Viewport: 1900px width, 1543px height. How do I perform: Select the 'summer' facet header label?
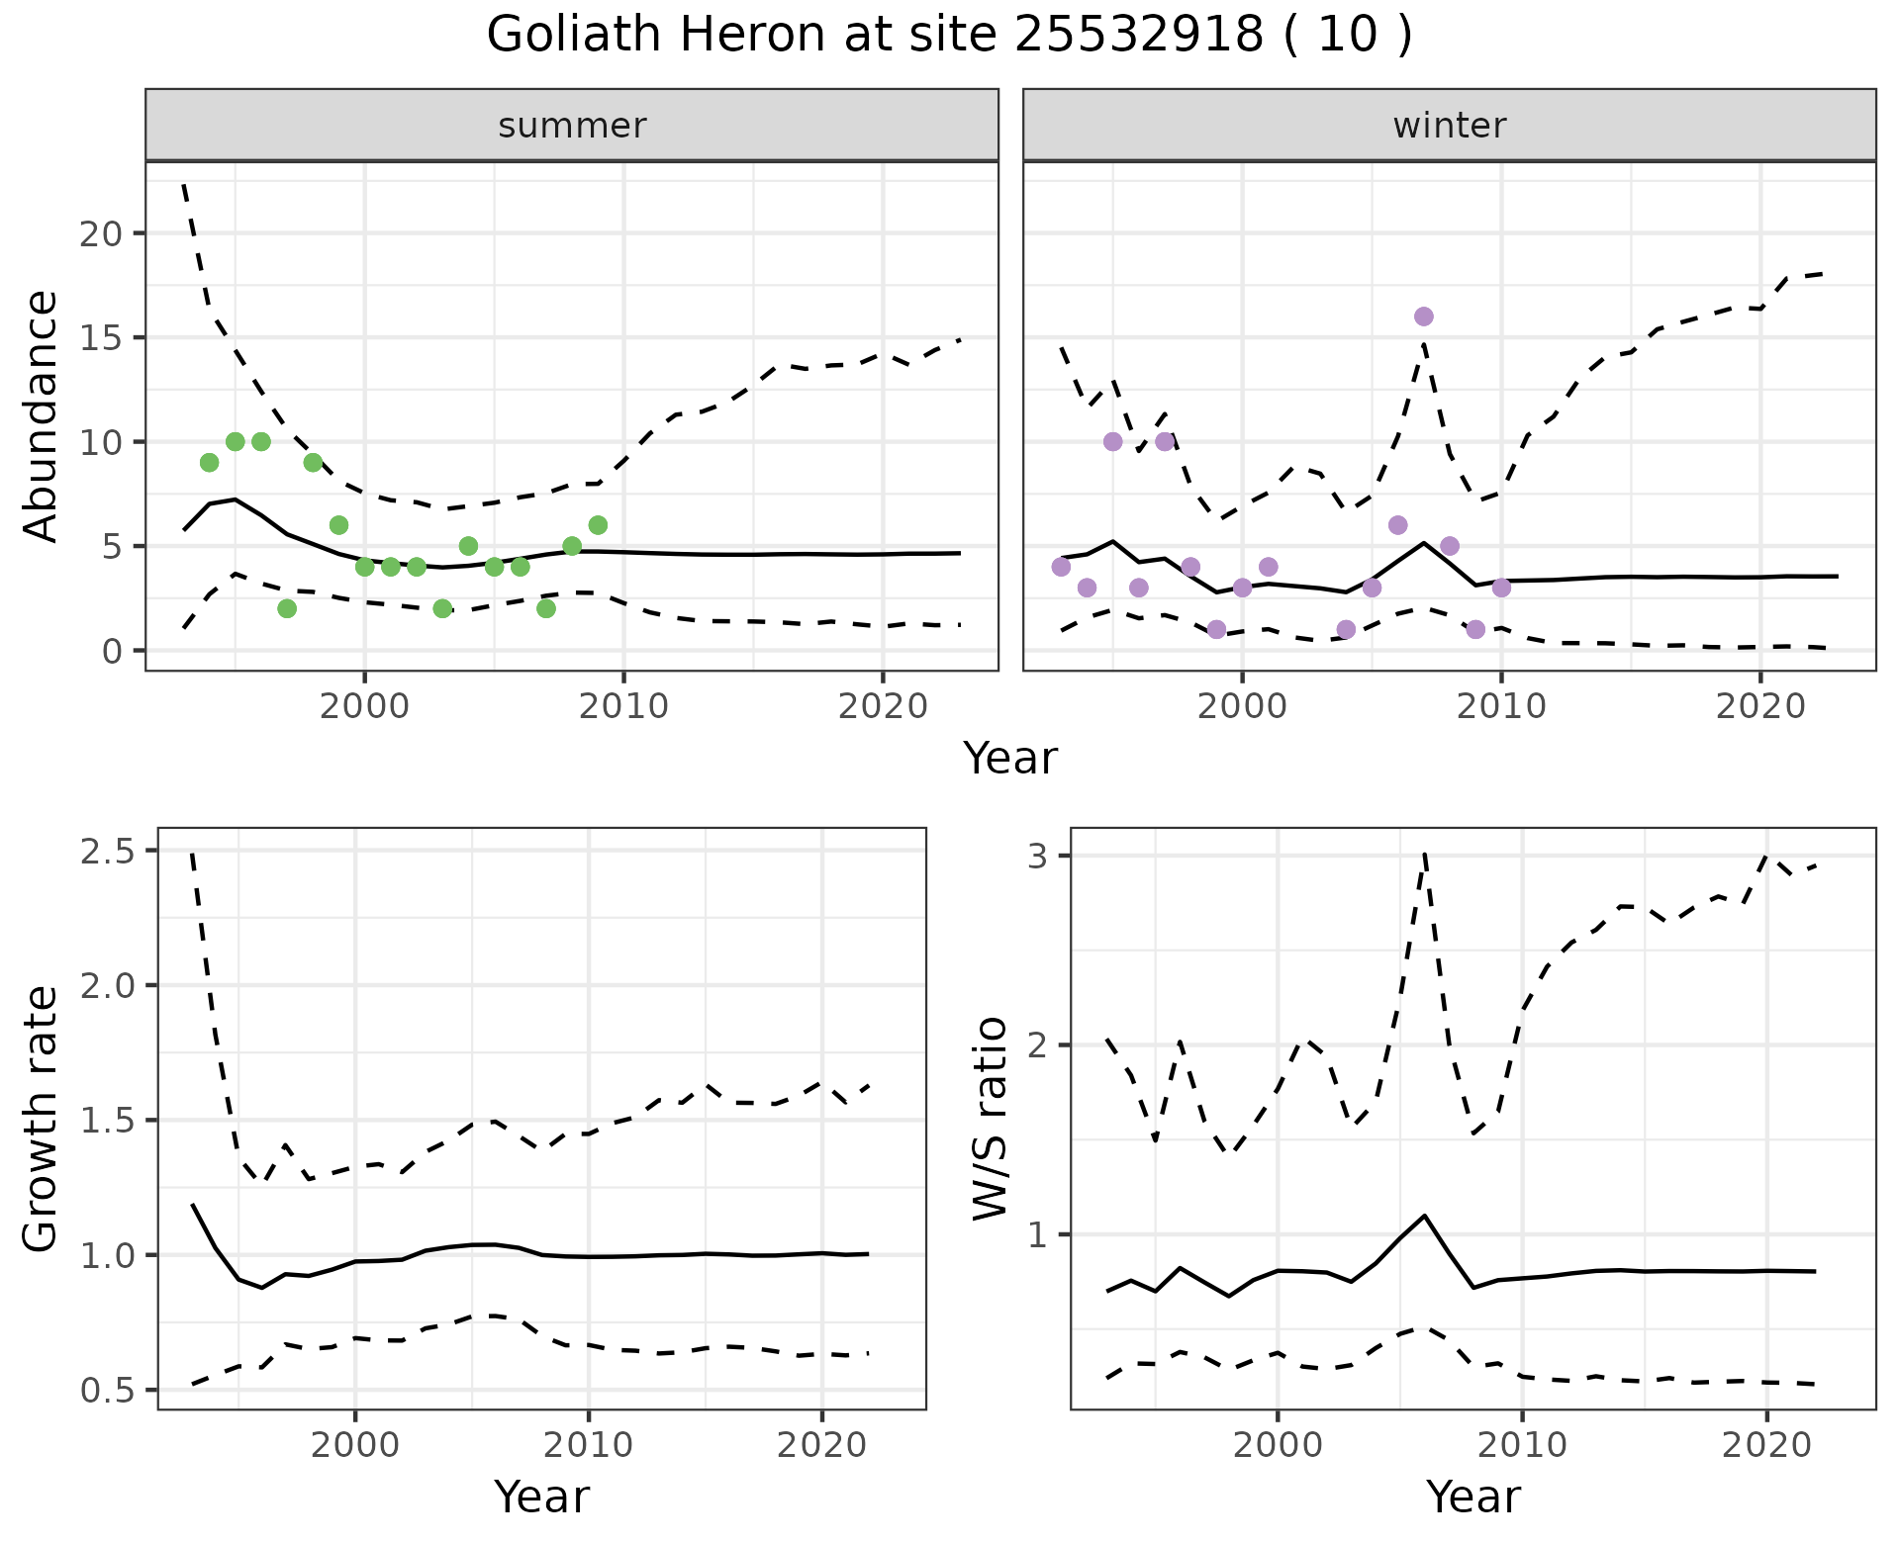click(x=572, y=126)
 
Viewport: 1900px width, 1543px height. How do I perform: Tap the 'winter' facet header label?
click(x=1449, y=126)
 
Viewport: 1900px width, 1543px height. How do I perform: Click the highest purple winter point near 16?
click(x=1424, y=317)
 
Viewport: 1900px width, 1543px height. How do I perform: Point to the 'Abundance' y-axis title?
click(x=42, y=415)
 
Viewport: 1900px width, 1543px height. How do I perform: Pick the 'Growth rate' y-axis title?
click(x=42, y=1119)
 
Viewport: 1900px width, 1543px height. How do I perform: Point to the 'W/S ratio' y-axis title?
click(x=990, y=1119)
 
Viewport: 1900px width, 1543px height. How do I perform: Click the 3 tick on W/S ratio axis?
click(x=1037, y=856)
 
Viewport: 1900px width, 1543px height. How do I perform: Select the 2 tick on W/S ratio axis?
click(x=1037, y=1045)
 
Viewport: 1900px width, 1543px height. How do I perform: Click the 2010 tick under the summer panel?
click(x=623, y=706)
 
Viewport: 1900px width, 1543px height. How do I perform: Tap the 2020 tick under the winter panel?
click(x=1760, y=706)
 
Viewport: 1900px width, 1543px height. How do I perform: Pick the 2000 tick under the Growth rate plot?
click(x=355, y=1445)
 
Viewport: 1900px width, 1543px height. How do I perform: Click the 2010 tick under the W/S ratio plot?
click(x=1521, y=1445)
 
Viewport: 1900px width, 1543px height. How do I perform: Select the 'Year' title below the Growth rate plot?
click(x=541, y=1497)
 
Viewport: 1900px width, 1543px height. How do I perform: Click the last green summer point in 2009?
click(x=598, y=525)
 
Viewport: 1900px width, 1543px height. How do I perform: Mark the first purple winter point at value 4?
click(x=1061, y=567)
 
